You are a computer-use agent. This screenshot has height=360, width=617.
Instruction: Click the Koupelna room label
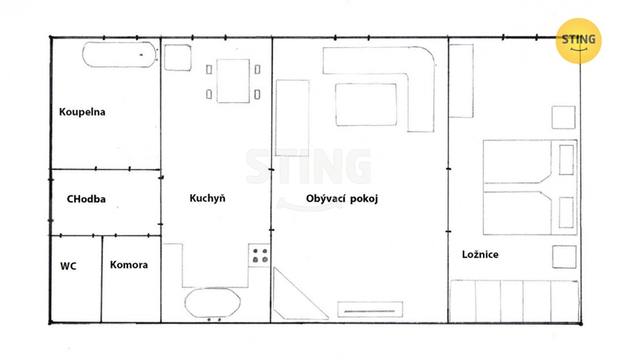coord(82,112)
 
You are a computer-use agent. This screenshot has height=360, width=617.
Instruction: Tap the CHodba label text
coord(86,199)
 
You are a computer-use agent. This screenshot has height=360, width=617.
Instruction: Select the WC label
coord(68,267)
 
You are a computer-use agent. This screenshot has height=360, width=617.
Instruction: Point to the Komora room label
coord(129,264)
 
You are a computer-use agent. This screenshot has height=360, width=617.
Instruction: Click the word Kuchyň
coord(207,198)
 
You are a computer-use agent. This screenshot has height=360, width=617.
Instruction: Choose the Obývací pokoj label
coord(342,198)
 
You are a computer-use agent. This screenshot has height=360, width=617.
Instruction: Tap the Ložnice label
coord(480,254)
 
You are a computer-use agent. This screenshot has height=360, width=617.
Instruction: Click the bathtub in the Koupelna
coord(120,54)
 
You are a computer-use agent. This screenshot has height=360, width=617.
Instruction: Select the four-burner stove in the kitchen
coord(260,255)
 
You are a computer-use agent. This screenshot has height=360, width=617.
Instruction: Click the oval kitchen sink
coord(213,303)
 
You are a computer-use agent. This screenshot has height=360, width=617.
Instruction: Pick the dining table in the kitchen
coord(233,81)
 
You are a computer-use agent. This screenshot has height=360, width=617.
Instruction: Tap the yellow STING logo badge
coord(578,41)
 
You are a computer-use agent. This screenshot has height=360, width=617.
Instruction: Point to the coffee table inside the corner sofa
coord(366,105)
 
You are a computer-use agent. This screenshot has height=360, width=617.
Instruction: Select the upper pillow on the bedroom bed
coord(566,160)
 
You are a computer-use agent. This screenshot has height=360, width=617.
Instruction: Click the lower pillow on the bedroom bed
coord(566,213)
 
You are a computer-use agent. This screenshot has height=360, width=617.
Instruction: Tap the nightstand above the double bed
coord(563,117)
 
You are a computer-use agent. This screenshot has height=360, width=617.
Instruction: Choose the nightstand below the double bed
coord(565,257)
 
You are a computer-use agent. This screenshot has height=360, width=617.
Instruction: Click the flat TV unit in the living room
coord(370,309)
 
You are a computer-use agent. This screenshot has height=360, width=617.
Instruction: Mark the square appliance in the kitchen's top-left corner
coord(178,58)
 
